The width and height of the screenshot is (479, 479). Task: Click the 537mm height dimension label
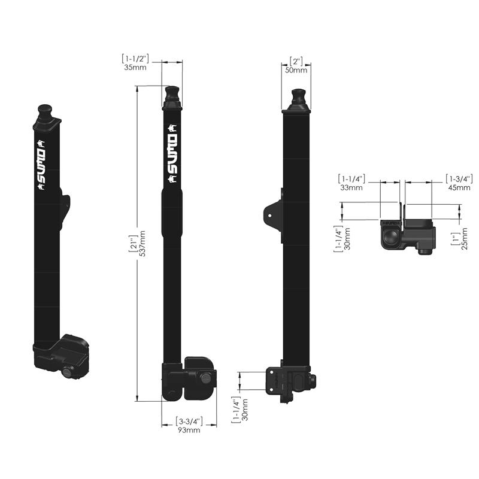click(x=142, y=244)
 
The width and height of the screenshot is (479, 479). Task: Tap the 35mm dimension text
click(x=135, y=67)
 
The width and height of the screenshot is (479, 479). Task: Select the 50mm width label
click(x=296, y=70)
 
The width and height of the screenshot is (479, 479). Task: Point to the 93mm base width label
click(x=189, y=430)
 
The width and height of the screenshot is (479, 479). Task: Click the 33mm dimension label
click(x=351, y=187)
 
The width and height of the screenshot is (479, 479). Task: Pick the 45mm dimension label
click(x=459, y=187)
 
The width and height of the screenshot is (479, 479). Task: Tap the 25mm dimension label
click(x=465, y=238)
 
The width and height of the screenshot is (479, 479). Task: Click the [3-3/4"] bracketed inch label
click(x=189, y=422)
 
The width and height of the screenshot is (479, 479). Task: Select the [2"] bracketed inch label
click(x=296, y=62)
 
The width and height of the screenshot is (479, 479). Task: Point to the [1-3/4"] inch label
click(x=459, y=178)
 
